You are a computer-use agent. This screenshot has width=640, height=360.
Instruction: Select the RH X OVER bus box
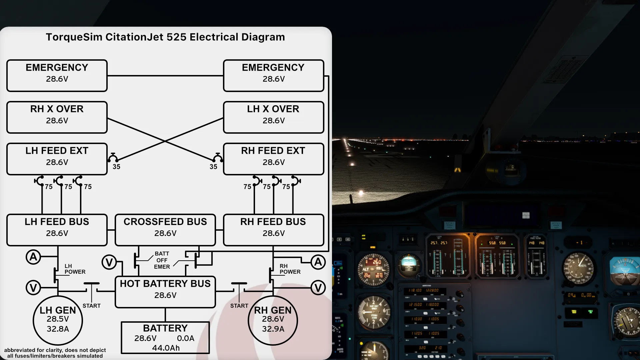coord(57,117)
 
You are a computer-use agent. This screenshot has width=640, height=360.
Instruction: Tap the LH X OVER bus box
coord(273,117)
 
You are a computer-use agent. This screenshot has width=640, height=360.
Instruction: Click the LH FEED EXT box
coord(57,159)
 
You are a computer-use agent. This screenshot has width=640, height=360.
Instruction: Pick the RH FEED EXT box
coord(273,159)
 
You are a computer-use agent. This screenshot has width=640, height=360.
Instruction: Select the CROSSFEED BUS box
coord(165,230)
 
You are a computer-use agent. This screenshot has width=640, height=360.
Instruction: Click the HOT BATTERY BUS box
coord(165,292)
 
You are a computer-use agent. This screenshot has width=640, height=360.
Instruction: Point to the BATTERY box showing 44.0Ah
coord(165,337)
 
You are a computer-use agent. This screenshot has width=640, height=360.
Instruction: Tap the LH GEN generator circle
coord(58,320)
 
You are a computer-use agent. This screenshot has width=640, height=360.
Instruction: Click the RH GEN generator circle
coord(273,320)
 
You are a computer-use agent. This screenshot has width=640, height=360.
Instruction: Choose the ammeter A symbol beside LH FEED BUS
coord(33,257)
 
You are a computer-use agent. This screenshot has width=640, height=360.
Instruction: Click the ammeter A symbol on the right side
coord(318,262)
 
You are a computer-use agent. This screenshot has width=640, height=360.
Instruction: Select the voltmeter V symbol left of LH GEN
coord(33,288)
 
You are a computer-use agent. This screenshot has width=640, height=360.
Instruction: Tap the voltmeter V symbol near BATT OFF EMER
coord(109,262)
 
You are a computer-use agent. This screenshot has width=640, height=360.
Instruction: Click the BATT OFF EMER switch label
coord(162,260)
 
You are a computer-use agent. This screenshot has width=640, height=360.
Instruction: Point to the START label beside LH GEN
coord(91,306)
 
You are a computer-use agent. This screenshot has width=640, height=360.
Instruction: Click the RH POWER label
coord(290,269)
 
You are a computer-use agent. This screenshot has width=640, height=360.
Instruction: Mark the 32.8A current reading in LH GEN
coord(58,329)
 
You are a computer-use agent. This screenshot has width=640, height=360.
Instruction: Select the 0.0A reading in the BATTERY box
coord(185,338)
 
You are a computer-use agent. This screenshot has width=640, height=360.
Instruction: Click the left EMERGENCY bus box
coord(57,76)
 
